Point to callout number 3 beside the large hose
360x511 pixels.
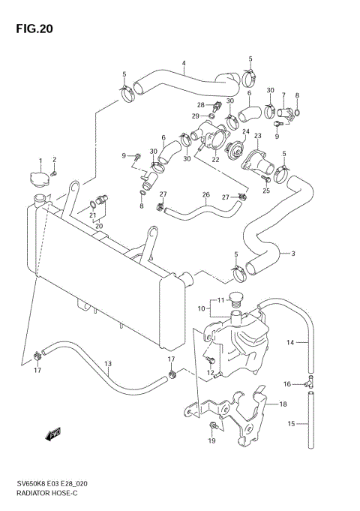(292, 253)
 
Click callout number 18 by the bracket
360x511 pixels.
(283, 404)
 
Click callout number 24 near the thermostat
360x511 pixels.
(245, 131)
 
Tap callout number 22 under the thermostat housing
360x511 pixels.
(214, 159)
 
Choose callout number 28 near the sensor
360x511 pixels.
(201, 104)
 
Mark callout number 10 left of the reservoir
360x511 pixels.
(201, 308)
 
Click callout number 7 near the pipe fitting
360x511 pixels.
(283, 95)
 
